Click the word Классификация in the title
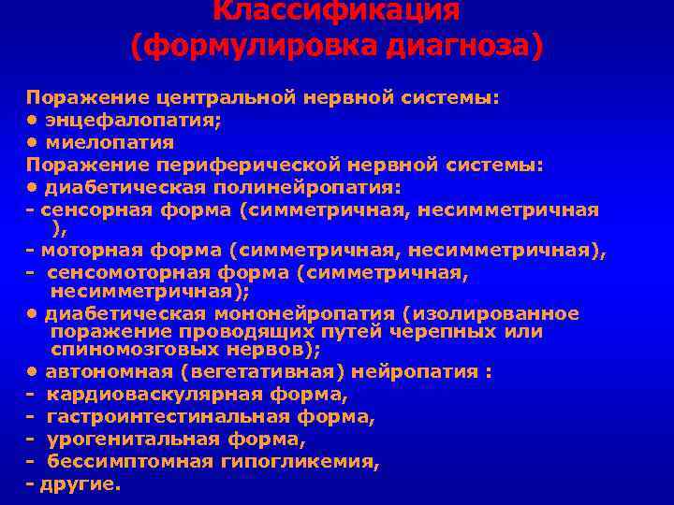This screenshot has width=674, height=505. [x=336, y=10]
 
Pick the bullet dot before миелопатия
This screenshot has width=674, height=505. [x=33, y=143]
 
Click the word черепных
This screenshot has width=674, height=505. [x=462, y=332]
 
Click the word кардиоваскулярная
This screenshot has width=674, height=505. [x=160, y=395]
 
